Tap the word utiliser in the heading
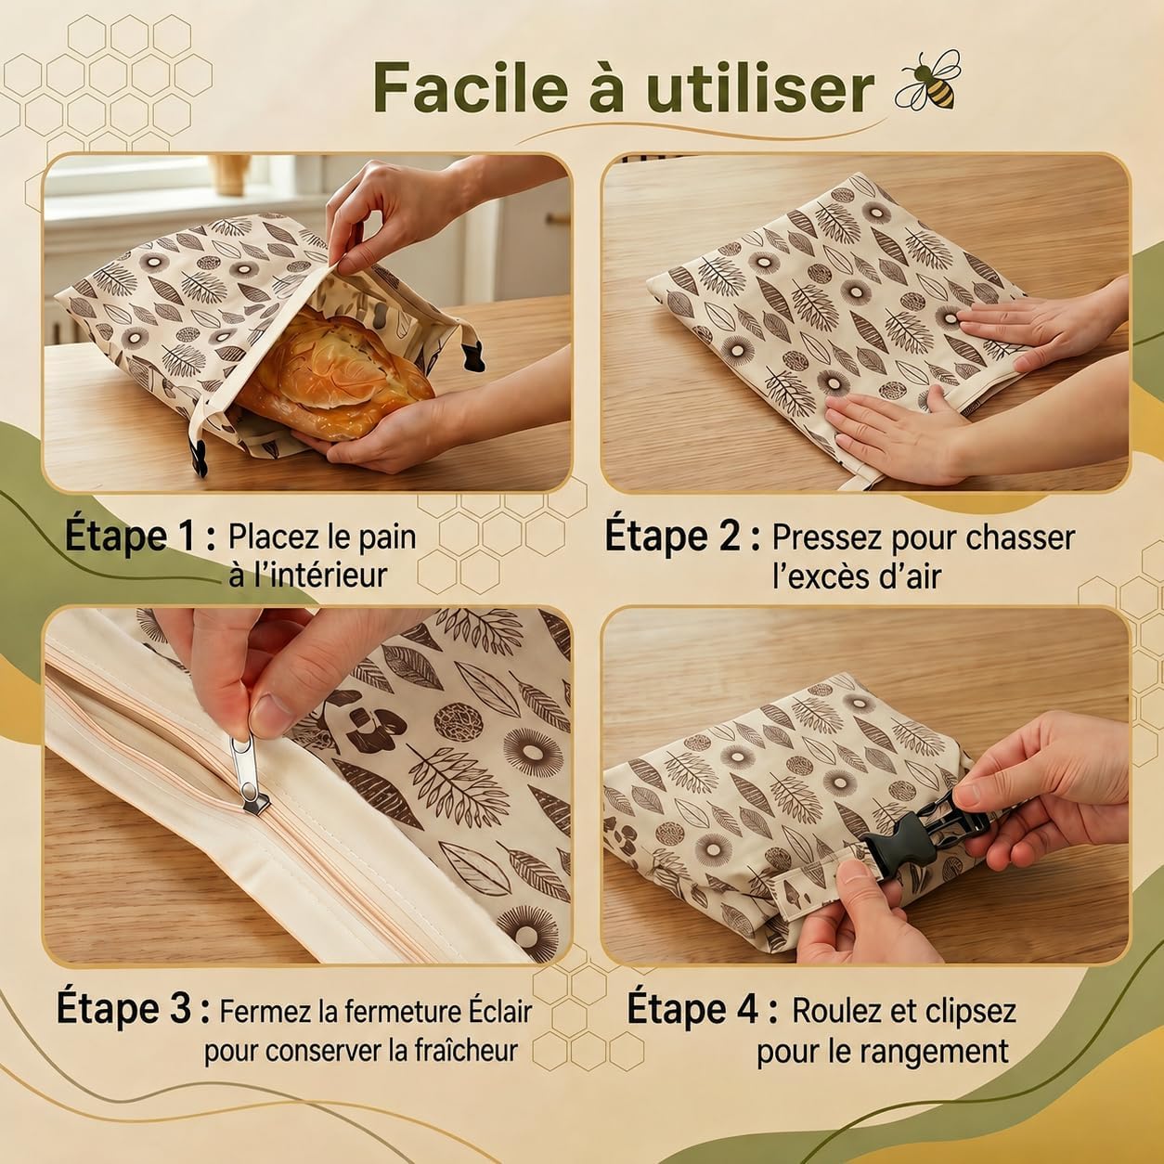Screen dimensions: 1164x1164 pyautogui.click(x=760, y=88)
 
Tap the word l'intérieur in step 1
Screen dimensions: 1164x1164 pyautogui.click(x=307, y=575)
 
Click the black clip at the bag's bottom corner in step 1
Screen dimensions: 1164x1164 pyautogui.click(x=198, y=456)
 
